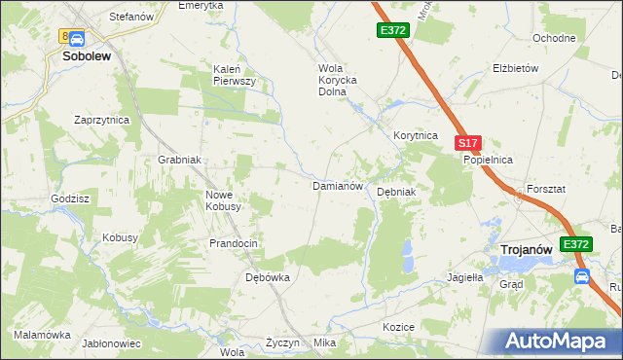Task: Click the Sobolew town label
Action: click(x=87, y=56)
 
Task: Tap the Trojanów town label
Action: click(x=527, y=250)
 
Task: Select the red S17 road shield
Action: click(x=468, y=143)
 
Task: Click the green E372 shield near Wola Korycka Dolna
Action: click(x=393, y=31)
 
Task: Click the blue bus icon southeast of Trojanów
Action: click(x=582, y=275)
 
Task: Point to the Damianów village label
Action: click(x=337, y=185)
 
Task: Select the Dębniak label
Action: click(x=396, y=192)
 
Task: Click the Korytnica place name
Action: click(x=416, y=136)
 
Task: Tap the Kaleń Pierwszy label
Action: click(x=235, y=75)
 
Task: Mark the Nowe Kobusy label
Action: click(x=223, y=200)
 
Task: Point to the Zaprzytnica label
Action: click(x=102, y=120)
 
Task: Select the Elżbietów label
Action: click(x=516, y=70)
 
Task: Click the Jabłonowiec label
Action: click(x=112, y=343)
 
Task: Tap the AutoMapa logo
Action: click(x=559, y=341)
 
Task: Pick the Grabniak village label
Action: click(x=179, y=161)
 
